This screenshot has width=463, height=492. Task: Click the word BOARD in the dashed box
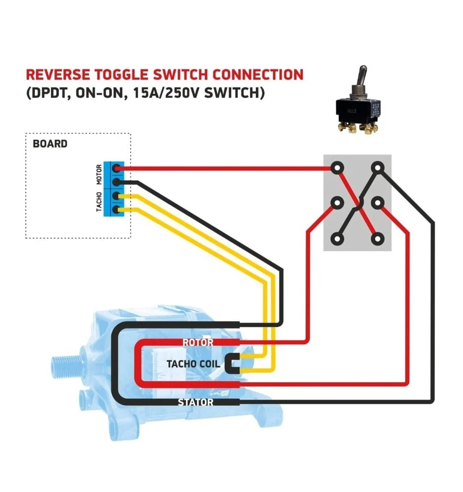[x=50, y=143]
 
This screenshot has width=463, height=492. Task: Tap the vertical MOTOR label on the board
[x=99, y=175]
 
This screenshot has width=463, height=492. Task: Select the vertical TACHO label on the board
[x=99, y=202]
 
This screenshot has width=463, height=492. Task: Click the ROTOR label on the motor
[x=197, y=342]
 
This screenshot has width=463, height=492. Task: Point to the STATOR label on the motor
[x=195, y=402]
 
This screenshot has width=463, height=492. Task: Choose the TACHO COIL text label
[x=193, y=364]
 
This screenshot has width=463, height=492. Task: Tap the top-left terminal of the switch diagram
[x=337, y=168]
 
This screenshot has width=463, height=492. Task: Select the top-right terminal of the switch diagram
[x=377, y=168]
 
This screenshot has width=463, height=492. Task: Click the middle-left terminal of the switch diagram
[x=337, y=203]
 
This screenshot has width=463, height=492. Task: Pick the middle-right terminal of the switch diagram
[x=377, y=203]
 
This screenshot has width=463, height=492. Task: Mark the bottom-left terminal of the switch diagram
[x=337, y=238]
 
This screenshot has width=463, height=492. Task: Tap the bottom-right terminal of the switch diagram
[x=377, y=238]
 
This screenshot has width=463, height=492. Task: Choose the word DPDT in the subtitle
[x=48, y=94]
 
